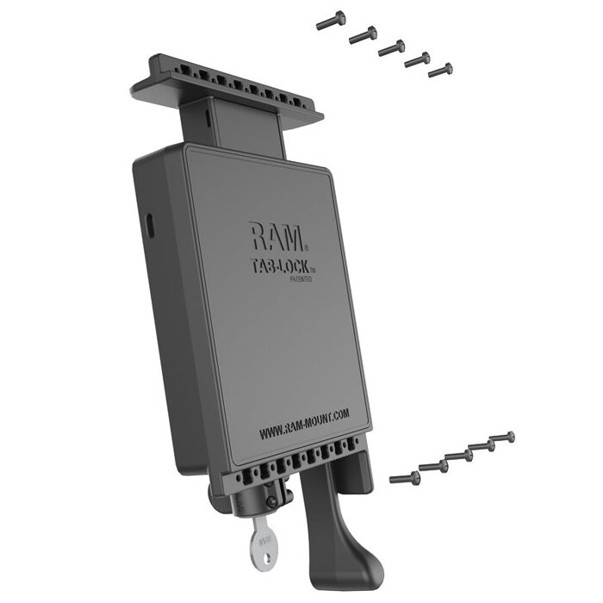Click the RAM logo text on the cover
tap(274, 236)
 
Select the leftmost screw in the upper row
tap(330, 22)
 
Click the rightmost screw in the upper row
tap(441, 70)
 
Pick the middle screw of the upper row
tap(391, 47)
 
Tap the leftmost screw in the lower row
tap(404, 476)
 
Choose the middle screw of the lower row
tap(457, 456)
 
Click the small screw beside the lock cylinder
tap(271, 500)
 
